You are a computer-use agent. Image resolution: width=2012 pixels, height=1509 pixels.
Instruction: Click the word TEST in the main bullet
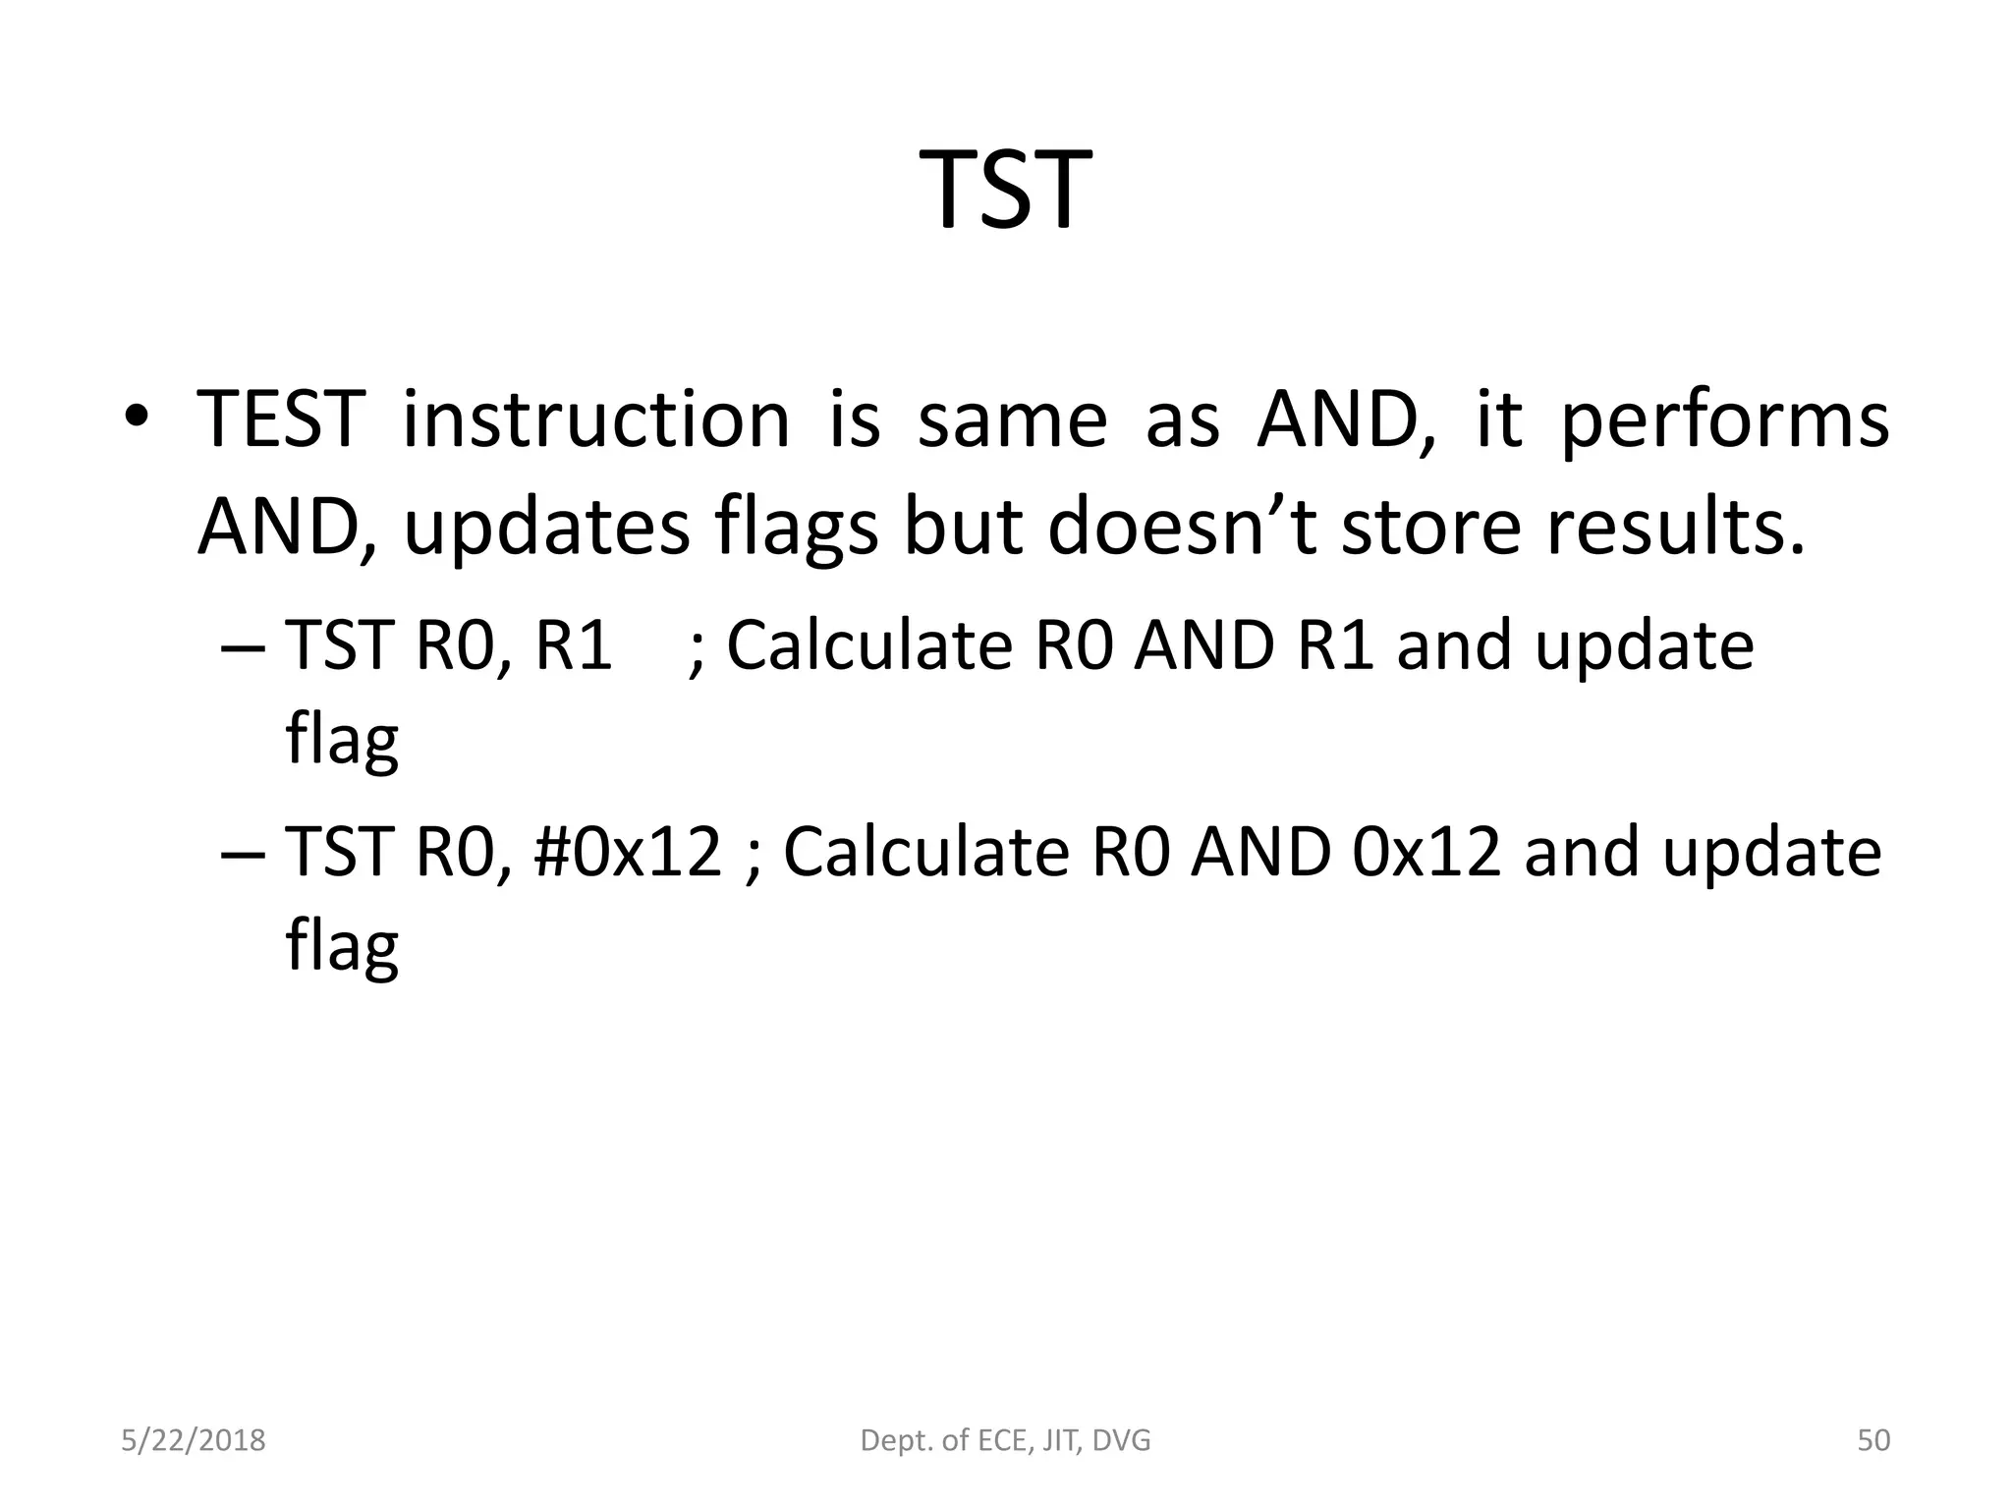[281, 420]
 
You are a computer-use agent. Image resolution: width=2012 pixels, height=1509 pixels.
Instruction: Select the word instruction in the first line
[595, 420]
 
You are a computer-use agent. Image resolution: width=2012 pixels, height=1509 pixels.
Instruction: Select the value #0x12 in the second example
[628, 851]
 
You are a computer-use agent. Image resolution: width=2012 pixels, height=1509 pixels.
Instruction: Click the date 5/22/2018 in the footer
[194, 1440]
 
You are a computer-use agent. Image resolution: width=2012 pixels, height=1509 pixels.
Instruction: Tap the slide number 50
[1873, 1440]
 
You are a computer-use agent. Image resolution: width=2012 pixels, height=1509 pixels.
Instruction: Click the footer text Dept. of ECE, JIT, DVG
[1005, 1440]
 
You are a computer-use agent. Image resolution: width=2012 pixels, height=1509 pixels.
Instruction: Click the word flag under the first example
[342, 740]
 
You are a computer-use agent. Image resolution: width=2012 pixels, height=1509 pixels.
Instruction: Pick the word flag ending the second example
[342, 946]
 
